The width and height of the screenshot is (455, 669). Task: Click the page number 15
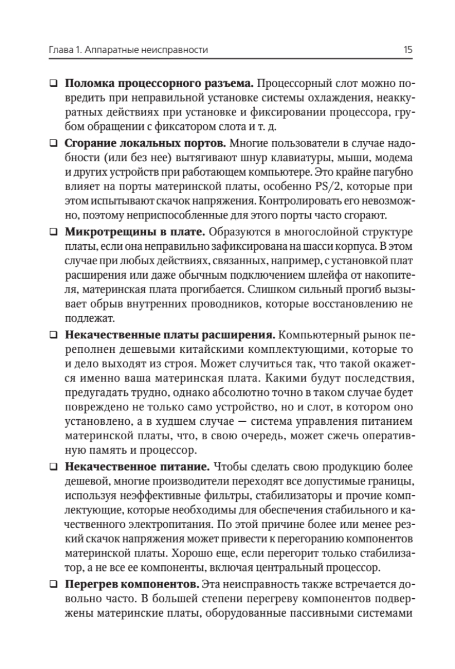[408, 50]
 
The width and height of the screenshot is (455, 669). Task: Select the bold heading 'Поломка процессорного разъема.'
[159, 85]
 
